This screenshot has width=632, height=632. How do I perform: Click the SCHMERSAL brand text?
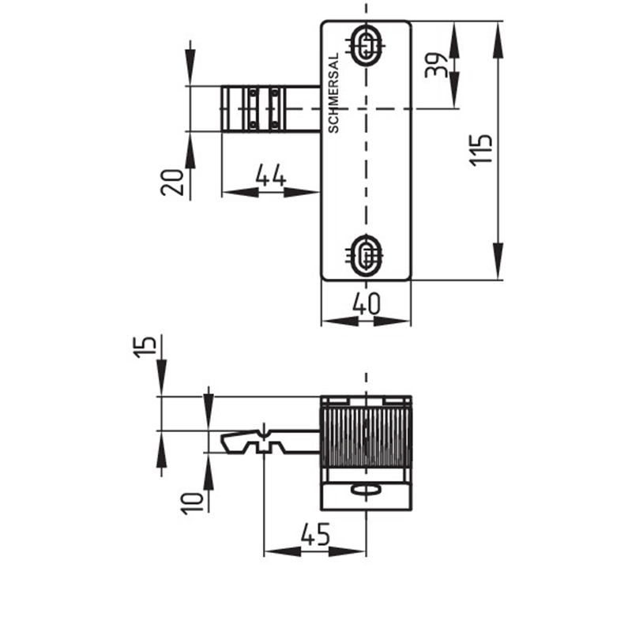click(x=333, y=93)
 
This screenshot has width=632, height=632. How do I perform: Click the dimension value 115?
click(x=481, y=149)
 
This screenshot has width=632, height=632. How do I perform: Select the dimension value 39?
click(x=436, y=66)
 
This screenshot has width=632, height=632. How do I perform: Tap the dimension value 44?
click(x=271, y=175)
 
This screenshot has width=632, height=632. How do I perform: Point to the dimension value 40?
click(x=366, y=303)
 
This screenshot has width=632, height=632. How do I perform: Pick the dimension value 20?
click(x=172, y=182)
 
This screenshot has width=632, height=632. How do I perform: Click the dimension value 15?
click(x=145, y=347)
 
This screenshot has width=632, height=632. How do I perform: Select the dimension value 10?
click(x=192, y=503)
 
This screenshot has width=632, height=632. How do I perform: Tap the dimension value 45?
click(x=315, y=535)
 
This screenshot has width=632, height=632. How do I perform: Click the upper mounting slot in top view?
click(x=366, y=45)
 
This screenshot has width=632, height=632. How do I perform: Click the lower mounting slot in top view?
click(x=366, y=255)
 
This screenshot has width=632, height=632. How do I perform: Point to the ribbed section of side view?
click(x=366, y=438)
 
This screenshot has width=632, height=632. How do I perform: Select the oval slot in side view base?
click(x=366, y=490)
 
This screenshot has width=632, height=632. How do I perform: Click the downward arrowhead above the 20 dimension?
click(x=190, y=68)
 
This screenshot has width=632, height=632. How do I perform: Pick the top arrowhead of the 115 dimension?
click(x=498, y=39)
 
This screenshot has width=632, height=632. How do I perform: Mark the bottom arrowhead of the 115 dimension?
click(x=498, y=261)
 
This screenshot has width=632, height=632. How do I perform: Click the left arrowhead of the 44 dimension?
click(x=240, y=192)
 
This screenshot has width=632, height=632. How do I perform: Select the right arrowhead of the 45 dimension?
click(x=348, y=551)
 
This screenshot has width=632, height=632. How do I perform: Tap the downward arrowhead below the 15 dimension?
click(x=162, y=378)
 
